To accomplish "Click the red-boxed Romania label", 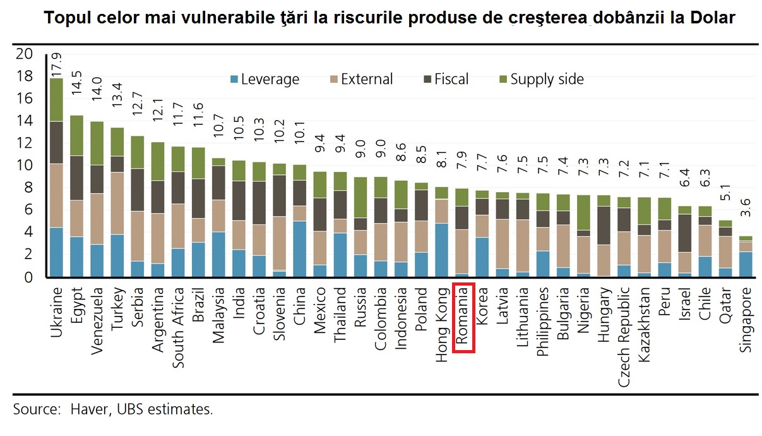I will pyautogui.click(x=463, y=317).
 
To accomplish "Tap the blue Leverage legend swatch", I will pyautogui.click(x=234, y=80).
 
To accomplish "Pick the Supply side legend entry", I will pyautogui.click(x=547, y=80).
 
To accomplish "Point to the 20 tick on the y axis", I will pyautogui.click(x=24, y=54).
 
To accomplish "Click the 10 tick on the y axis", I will pyautogui.click(x=24, y=166).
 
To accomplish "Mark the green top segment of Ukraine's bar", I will pyautogui.click(x=57, y=100).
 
